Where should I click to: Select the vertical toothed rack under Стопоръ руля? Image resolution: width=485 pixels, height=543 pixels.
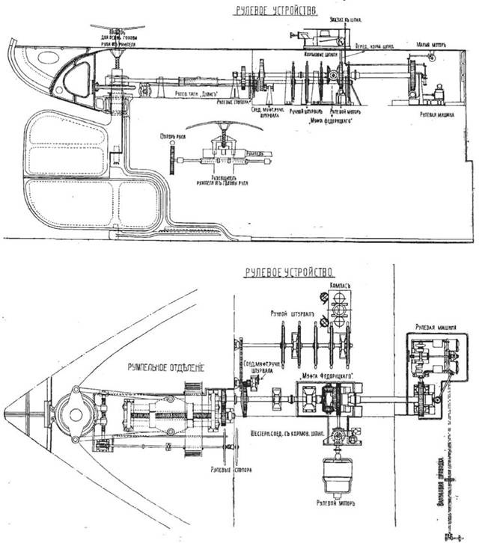(x=171, y=159)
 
